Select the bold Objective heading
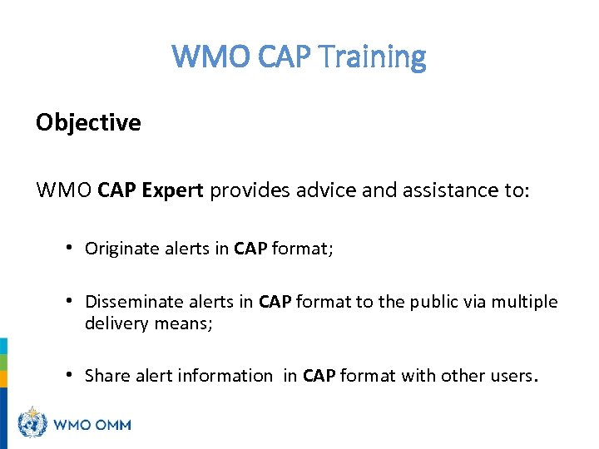coord(88,123)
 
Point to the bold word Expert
coord(172,190)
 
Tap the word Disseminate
coord(128,302)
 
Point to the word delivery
coord(116,323)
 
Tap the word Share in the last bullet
coord(106,376)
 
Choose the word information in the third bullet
coord(225,376)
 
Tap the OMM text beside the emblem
coord(110,424)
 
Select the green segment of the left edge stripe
coord(3,363)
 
